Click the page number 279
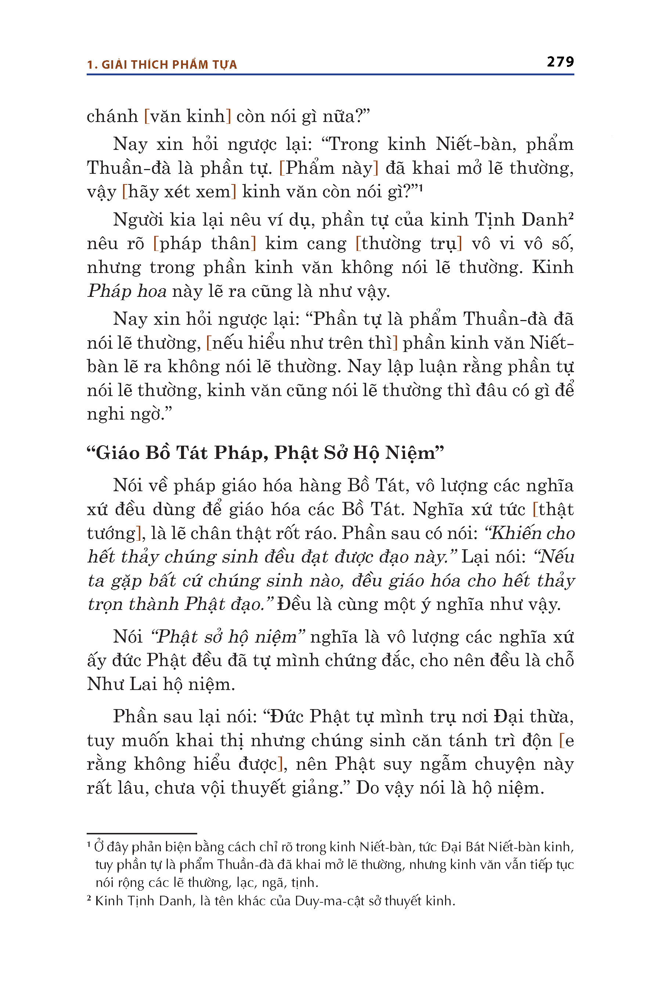(560, 62)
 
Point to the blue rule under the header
(330, 75)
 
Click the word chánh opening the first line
(112, 116)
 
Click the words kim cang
(306, 244)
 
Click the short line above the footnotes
(142, 833)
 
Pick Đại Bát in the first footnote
(462, 847)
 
